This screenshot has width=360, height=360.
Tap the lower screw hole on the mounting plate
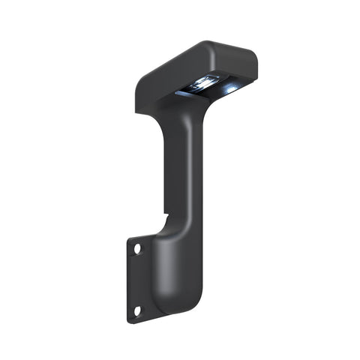[137, 310]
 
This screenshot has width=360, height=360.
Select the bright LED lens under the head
[205, 82]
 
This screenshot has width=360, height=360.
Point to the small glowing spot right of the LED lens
[229, 88]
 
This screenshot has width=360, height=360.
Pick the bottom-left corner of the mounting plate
[130, 321]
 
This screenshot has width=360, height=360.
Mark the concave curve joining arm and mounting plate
[159, 229]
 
